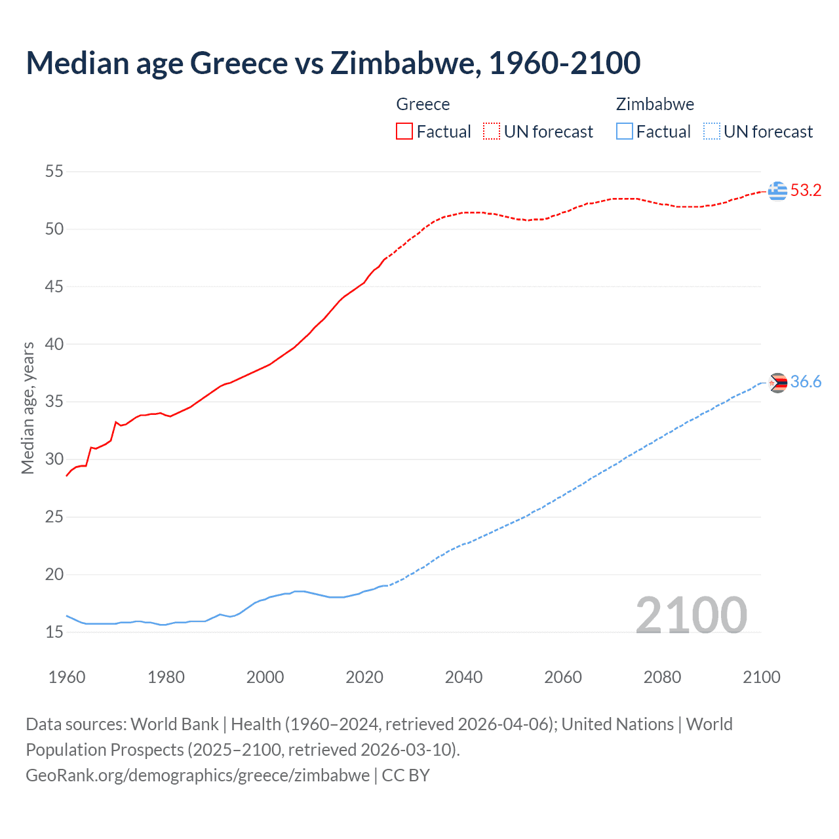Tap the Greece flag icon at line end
777,191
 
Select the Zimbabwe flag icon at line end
777,383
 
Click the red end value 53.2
806,191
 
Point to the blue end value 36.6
806,382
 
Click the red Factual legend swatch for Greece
404,132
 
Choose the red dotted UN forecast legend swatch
492,132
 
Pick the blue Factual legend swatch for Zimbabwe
624,132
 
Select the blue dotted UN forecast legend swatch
711,132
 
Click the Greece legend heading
423,104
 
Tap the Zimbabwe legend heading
655,104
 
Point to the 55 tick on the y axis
54,172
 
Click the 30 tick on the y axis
54,459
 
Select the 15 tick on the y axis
54,632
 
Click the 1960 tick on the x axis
67,677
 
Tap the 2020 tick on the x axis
364,677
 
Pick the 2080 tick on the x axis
662,677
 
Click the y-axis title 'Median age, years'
28,408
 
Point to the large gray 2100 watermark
691,615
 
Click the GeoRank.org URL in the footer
197,775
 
